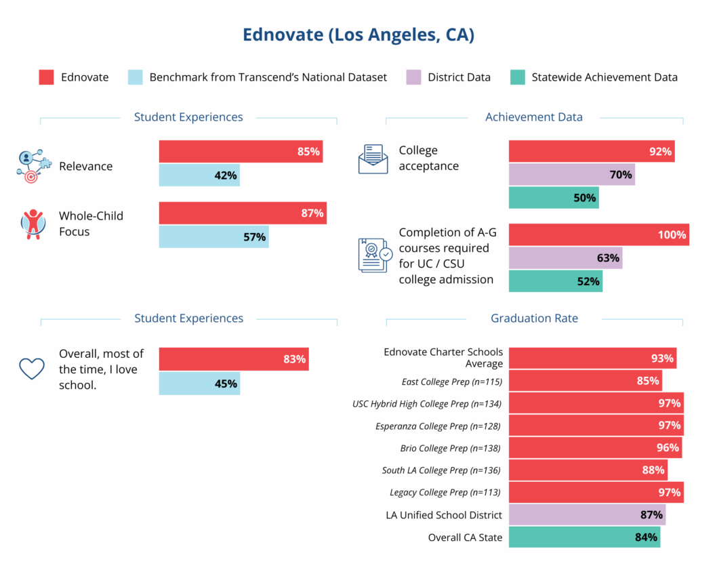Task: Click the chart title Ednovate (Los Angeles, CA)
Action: click(x=358, y=35)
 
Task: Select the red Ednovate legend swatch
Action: click(x=46, y=77)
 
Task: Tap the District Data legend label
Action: click(x=459, y=77)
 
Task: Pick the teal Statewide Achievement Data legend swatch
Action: click(x=517, y=77)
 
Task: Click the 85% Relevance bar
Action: click(x=241, y=152)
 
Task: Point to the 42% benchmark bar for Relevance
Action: click(x=199, y=176)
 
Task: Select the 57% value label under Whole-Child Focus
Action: click(x=254, y=237)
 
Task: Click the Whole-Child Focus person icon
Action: click(x=32, y=224)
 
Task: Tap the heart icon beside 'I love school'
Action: click(x=32, y=368)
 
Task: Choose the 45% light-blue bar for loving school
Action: click(x=199, y=384)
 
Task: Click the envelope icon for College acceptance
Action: click(x=373, y=159)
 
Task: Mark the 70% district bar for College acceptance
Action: click(x=571, y=175)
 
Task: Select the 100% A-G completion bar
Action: click(x=598, y=235)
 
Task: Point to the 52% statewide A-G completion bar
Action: click(x=555, y=281)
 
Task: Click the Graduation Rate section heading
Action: click(x=534, y=319)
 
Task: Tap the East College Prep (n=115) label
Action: click(x=451, y=382)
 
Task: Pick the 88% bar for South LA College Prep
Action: click(x=588, y=470)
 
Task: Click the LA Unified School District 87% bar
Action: click(x=587, y=515)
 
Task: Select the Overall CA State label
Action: click(x=465, y=537)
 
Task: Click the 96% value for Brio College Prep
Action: click(x=667, y=448)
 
